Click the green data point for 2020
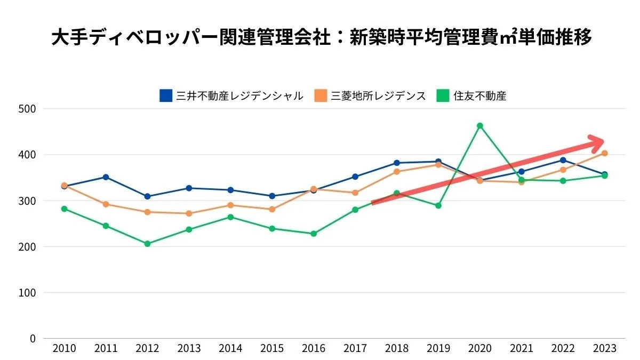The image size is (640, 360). (480, 126)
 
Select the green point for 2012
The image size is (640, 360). (147, 244)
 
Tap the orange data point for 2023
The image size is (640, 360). (604, 154)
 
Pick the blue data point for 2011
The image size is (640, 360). (106, 177)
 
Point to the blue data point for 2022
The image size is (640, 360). (563, 160)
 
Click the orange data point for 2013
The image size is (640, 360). (189, 213)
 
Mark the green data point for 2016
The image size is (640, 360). (314, 234)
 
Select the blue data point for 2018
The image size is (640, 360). (397, 163)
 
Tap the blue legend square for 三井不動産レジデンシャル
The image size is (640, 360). (166, 95)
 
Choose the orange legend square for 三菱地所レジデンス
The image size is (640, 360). (321, 95)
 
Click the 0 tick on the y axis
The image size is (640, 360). (32, 339)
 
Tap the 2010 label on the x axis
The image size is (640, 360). (64, 349)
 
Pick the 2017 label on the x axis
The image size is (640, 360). (355, 349)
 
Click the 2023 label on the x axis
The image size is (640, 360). (604, 349)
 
